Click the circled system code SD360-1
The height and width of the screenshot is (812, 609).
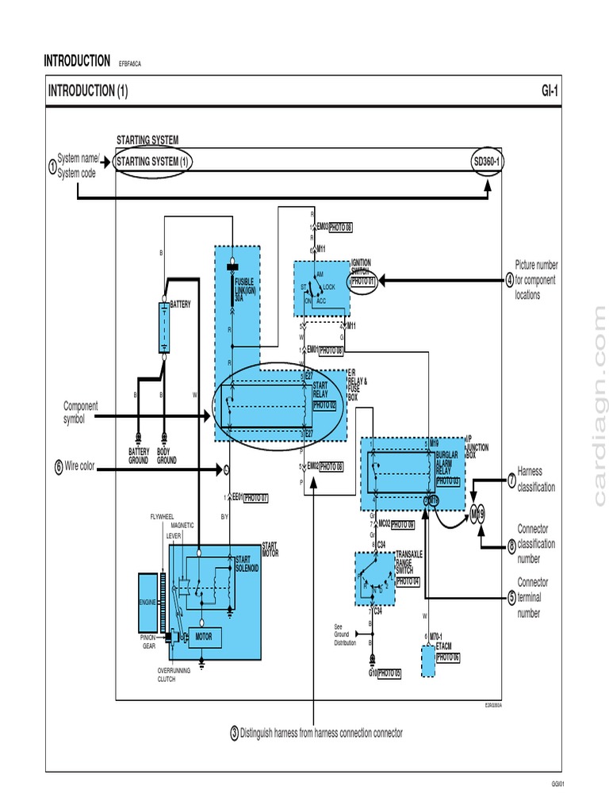[487, 162]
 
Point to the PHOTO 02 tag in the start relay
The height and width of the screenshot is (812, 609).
[324, 404]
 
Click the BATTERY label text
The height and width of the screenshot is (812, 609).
[182, 304]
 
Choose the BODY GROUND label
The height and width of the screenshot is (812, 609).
[167, 456]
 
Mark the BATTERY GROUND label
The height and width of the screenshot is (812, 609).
[139, 456]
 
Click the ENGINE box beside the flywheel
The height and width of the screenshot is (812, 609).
[148, 603]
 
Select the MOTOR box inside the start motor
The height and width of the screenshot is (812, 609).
[204, 637]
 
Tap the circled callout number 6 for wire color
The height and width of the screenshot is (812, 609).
[59, 467]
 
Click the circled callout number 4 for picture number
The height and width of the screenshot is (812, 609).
[510, 280]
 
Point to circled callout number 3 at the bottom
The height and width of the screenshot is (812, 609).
[234, 733]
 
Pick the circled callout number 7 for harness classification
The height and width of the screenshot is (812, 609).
[511, 479]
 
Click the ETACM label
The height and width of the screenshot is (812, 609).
[444, 647]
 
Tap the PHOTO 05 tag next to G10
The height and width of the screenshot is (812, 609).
[389, 673]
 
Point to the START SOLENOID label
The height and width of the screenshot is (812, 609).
[247, 564]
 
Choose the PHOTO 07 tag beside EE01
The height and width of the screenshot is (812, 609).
[255, 498]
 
